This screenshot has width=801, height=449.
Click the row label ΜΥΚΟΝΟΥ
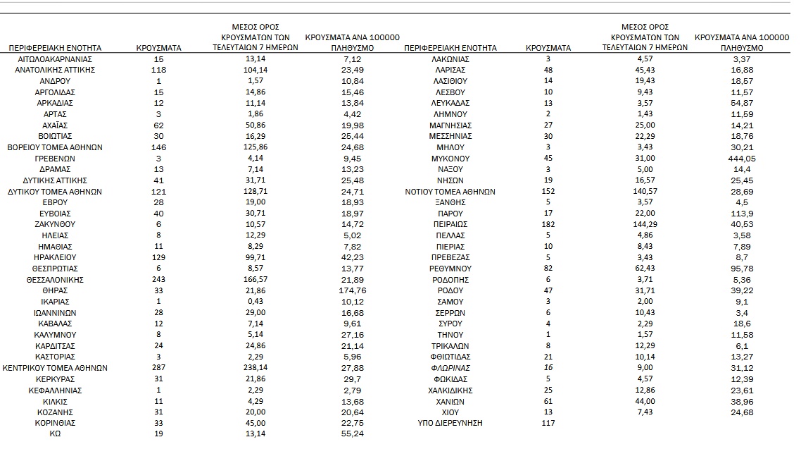pos(450,159)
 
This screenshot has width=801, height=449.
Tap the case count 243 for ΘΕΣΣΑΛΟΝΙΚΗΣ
pos(158,280)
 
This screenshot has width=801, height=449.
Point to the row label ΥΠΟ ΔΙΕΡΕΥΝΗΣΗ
pos(450,424)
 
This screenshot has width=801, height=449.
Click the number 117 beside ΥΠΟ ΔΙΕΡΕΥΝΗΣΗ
pos(548,424)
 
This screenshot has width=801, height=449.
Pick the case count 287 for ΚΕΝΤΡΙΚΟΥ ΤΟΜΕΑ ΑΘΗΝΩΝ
pos(158,368)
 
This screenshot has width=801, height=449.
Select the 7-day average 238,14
pos(256,368)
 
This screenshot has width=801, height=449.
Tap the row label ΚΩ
pos(55,434)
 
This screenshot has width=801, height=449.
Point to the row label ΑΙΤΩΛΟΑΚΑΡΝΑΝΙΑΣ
pos(55,59)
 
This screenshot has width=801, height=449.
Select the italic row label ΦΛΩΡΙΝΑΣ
pos(450,368)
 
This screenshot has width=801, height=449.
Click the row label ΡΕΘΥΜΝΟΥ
pos(450,269)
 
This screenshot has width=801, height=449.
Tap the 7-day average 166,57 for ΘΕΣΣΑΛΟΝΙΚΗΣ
pos(256,280)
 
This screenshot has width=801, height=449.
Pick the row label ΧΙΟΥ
pos(450,412)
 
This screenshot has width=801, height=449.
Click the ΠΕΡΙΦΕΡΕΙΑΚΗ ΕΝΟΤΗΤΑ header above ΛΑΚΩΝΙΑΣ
pos(450,48)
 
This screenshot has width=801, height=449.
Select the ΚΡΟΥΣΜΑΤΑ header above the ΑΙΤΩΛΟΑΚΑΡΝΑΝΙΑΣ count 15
pos(158,48)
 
